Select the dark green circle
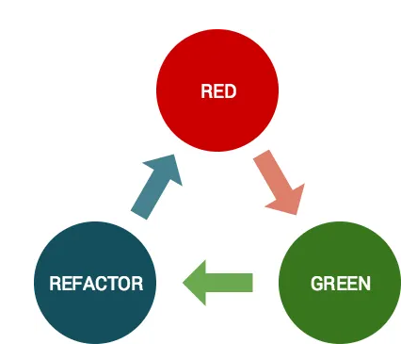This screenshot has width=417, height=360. (x=341, y=283)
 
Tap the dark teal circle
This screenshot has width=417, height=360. (x=95, y=283)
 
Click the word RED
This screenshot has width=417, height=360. (x=217, y=92)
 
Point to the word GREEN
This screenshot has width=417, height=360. (x=341, y=283)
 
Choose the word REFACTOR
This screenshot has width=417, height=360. (x=95, y=283)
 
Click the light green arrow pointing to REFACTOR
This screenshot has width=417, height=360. (x=219, y=283)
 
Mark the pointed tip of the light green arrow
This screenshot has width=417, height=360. (x=184, y=283)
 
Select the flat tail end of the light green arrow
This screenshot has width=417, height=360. (x=252, y=283)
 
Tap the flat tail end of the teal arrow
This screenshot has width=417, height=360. (x=139, y=213)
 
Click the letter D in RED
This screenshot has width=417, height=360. (x=230, y=92)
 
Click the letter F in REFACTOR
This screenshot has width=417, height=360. (x=74, y=283)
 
